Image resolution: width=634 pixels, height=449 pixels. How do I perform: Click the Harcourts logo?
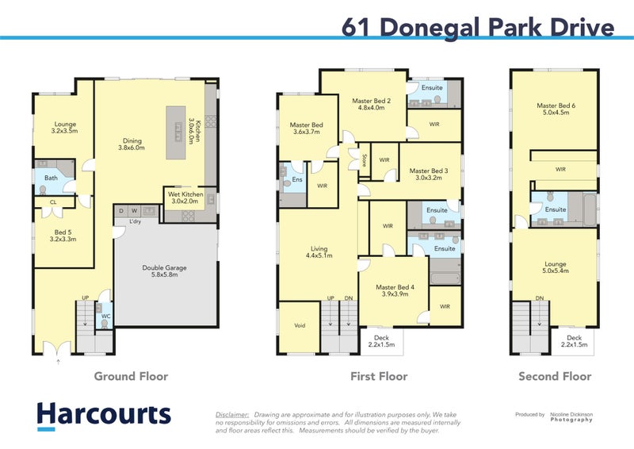coord(103,415)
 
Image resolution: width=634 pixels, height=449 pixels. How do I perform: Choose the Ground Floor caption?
coord(131,377)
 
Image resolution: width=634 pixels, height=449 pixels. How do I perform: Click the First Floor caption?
coord(379,377)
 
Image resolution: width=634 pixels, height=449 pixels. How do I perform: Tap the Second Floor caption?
coord(555,377)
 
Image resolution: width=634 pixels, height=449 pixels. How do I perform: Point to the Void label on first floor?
coord(299,325)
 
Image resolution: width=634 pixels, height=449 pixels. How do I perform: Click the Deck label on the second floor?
coord(573,337)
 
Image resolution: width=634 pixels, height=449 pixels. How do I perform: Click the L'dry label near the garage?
coord(136,221)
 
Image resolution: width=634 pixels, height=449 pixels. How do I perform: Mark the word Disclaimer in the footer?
coord(232,414)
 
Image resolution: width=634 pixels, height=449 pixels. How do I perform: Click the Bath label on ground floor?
coord(51,178)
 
